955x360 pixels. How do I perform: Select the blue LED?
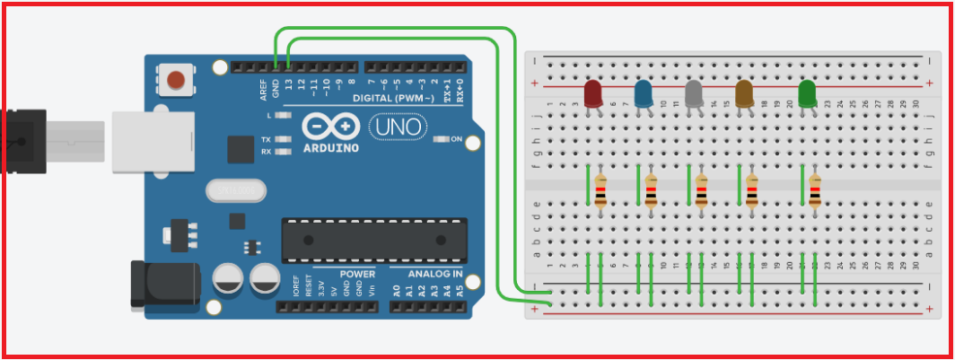[x=643, y=92]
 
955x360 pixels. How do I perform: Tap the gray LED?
[x=693, y=92]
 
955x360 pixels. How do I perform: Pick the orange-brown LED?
[x=743, y=92]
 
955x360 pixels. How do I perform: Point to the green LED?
[x=807, y=92]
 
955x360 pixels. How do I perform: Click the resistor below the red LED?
[x=600, y=191]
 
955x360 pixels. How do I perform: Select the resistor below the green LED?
[x=814, y=191]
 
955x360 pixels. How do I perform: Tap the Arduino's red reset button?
[x=177, y=80]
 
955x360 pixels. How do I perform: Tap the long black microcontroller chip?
[x=373, y=241]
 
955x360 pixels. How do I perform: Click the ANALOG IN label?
[x=435, y=274]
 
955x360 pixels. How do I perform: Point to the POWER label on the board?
[x=357, y=274]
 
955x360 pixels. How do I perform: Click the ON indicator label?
[x=455, y=139]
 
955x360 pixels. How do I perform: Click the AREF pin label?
[x=264, y=89]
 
